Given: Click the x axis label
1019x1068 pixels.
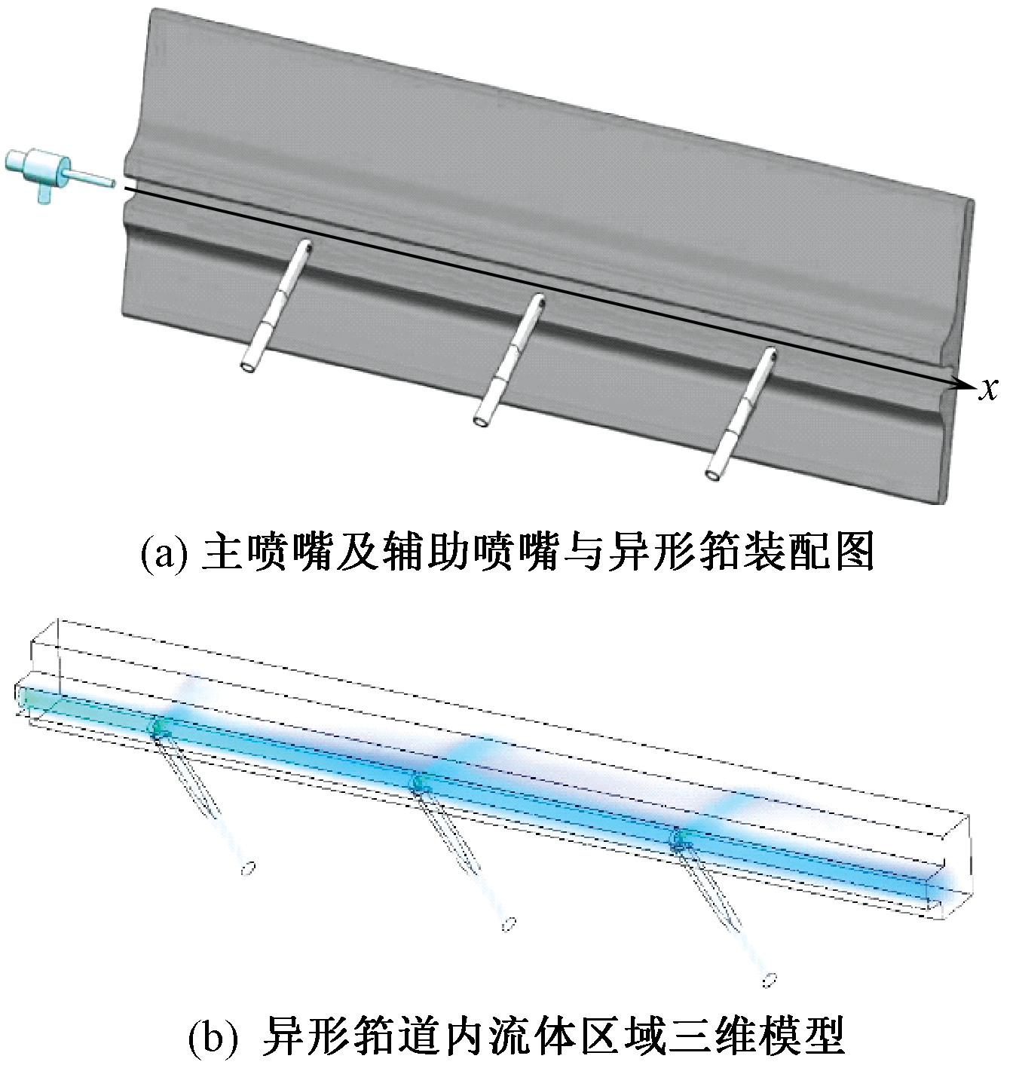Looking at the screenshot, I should tap(988, 387).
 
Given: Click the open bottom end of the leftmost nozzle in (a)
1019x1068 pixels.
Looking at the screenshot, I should tap(248, 366).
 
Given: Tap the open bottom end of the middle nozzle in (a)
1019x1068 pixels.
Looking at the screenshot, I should tap(482, 419).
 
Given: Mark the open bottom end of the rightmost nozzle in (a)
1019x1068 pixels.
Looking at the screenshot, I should tap(712, 474).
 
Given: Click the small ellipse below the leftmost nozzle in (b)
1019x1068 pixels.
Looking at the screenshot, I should tap(246, 870).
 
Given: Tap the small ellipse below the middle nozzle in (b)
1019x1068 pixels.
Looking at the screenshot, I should tap(510, 923).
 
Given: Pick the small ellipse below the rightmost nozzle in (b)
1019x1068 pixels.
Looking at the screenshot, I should tap(770, 981).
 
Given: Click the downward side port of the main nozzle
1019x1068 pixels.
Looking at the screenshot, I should tap(44, 193).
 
